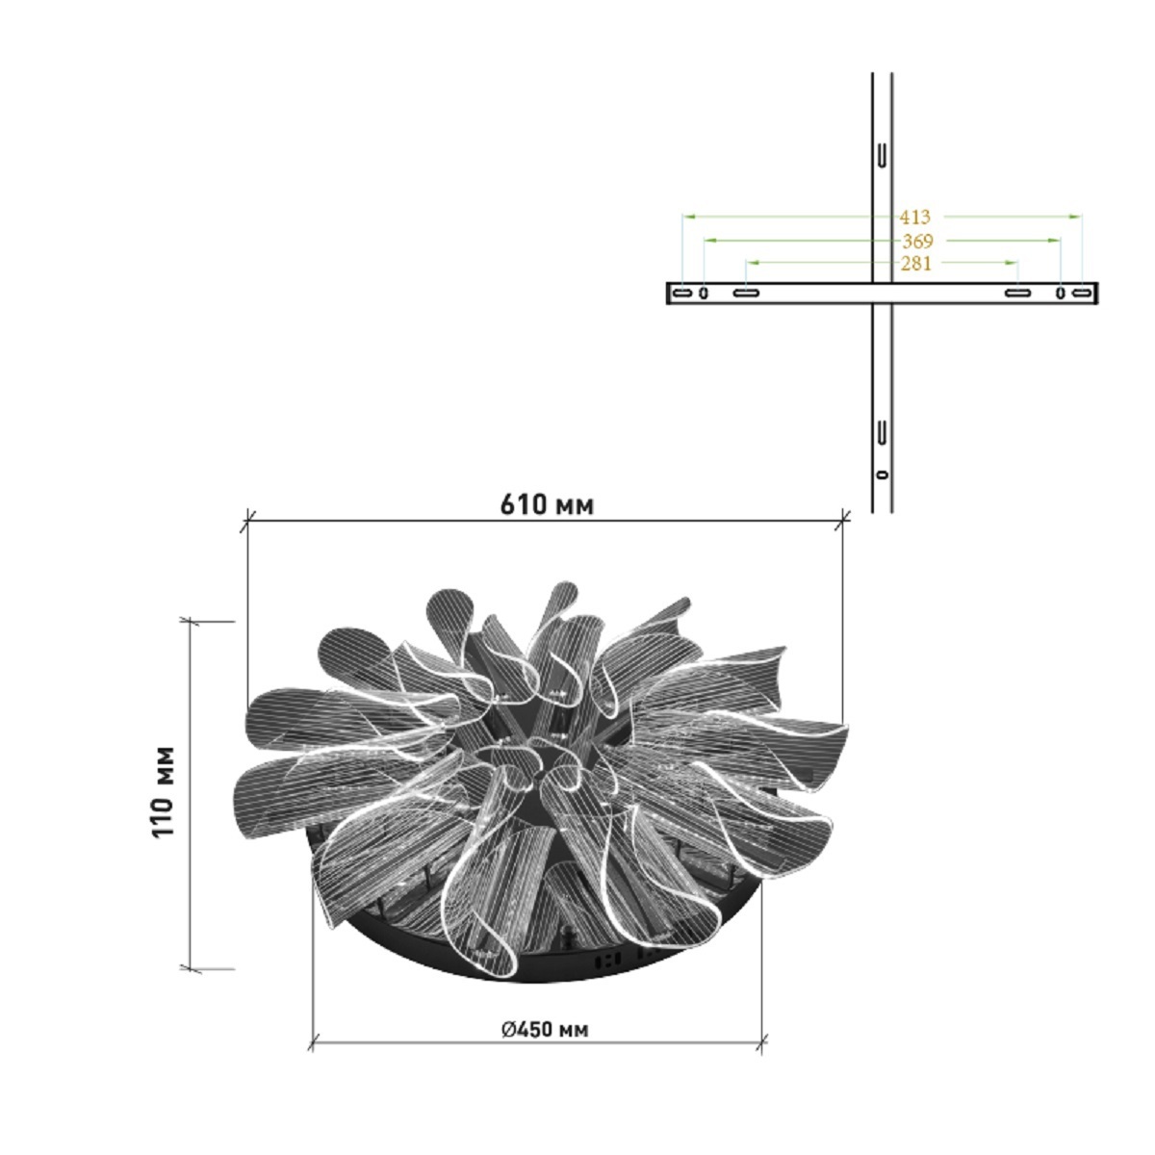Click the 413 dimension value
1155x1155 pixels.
914,217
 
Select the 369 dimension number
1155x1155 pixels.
917,241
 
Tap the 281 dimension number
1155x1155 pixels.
916,263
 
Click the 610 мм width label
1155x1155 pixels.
547,505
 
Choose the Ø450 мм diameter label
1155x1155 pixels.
545,1029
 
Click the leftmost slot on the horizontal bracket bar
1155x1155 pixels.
682,294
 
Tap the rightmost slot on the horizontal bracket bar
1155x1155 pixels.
1082,294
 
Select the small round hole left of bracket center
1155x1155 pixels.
704,294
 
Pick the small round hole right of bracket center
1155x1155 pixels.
1061,294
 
